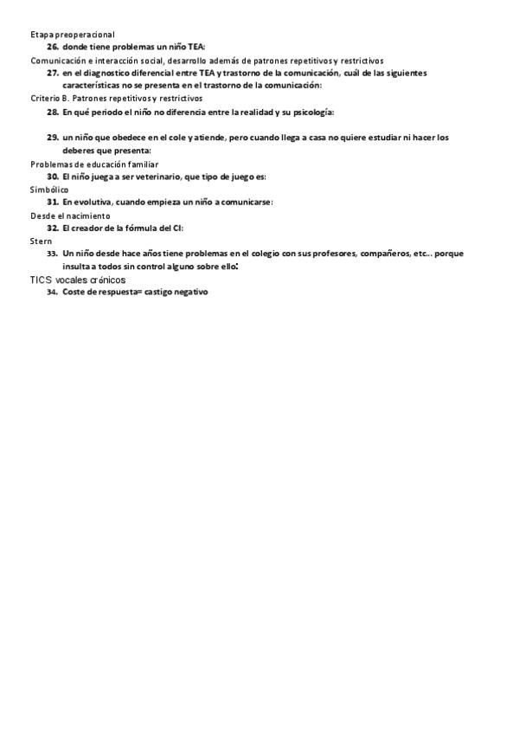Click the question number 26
pyautogui.click(x=52, y=47)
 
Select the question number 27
pyautogui.click(x=52, y=74)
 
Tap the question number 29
pyautogui.click(x=52, y=138)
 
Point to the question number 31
pyautogui.click(x=52, y=202)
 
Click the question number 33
pyautogui.click(x=52, y=254)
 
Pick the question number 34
pyautogui.click(x=52, y=293)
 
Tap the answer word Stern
pyautogui.click(x=41, y=241)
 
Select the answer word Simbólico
pyautogui.click(x=48, y=189)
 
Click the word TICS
pyautogui.click(x=41, y=280)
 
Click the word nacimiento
pyautogui.click(x=88, y=215)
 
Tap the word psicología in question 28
pyautogui.click(x=313, y=112)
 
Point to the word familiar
pyautogui.click(x=139, y=164)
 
